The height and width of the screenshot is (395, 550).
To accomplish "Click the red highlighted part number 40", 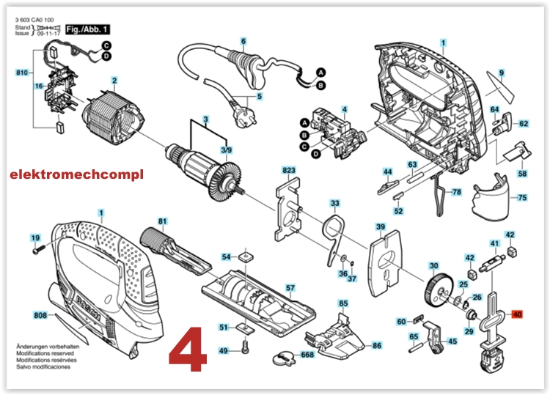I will tap(518, 315).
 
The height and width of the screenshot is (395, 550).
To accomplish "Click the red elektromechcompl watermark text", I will tap(77, 174).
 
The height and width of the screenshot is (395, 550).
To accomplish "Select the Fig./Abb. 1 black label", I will tap(87, 29).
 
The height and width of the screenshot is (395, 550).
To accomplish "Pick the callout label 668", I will tap(307, 355).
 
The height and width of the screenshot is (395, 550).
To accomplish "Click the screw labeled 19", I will tap(40, 250).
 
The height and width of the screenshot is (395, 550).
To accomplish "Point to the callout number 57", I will tap(290, 288).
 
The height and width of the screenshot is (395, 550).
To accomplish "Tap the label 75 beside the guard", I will tap(522, 198).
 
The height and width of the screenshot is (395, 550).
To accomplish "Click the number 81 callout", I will tap(163, 221).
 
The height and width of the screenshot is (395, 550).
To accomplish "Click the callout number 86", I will tap(376, 344).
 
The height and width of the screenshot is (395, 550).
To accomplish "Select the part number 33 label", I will tap(335, 203).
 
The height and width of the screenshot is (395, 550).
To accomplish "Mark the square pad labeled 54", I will tap(246, 256).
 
